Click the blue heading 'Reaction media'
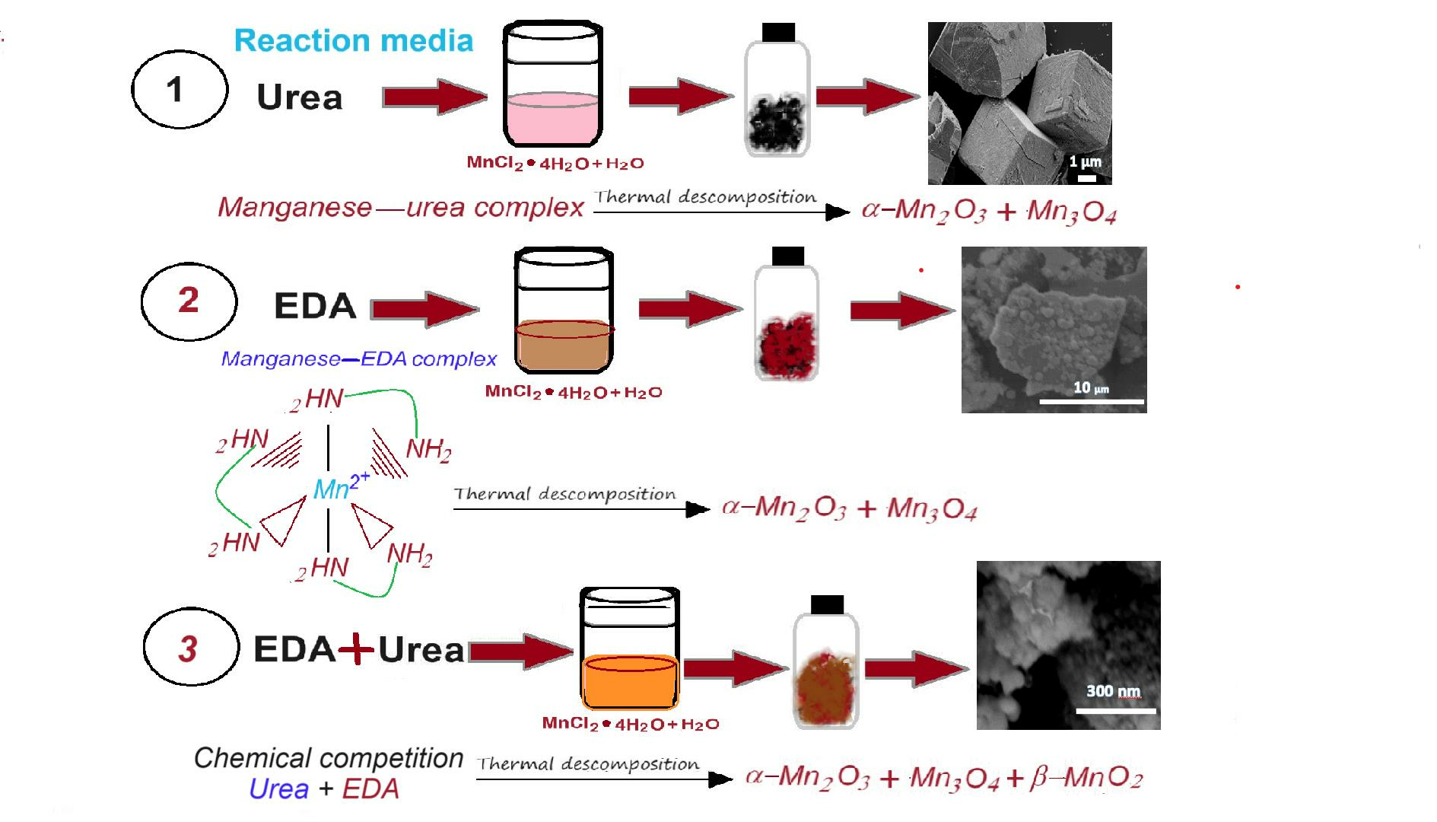pos(353,40)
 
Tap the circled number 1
pos(180,89)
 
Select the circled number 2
pos(189,301)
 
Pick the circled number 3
pos(191,647)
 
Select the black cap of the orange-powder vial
pos(827,604)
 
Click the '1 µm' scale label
pos(1085,161)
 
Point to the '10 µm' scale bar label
pos(1091,388)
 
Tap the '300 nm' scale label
pos(1113,691)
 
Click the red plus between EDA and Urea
pos(356,649)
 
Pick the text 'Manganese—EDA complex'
pos(358,358)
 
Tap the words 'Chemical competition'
pos(328,758)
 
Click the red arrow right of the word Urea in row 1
pos(434,97)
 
